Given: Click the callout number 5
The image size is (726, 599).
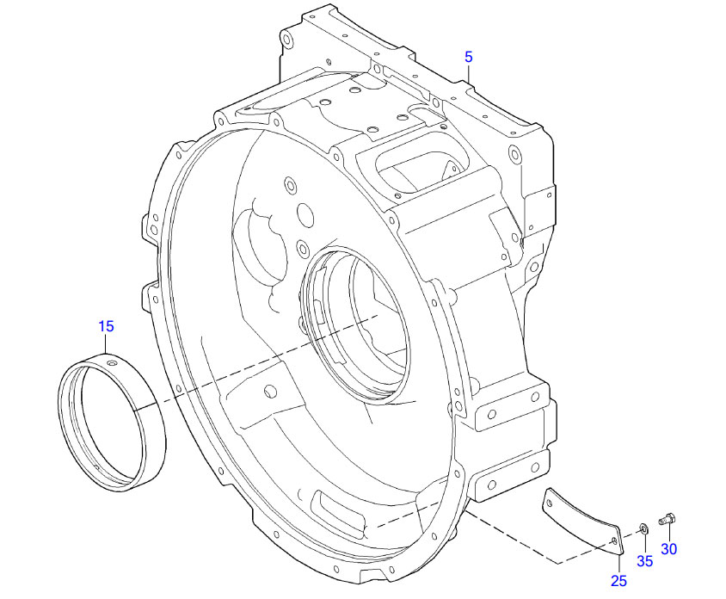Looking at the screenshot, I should click(x=469, y=57).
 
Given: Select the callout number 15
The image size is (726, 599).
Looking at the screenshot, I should click(x=106, y=326).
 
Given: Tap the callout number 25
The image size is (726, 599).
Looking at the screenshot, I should click(x=618, y=581).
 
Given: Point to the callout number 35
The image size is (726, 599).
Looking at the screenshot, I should click(x=644, y=561).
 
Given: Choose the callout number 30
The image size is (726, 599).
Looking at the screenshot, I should click(x=669, y=548).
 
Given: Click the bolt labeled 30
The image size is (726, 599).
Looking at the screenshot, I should click(x=668, y=519).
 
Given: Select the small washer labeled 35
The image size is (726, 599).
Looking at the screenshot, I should click(x=643, y=528).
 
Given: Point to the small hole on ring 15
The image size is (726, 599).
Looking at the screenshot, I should click(x=112, y=364).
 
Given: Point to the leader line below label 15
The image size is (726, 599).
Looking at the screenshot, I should click(x=106, y=345).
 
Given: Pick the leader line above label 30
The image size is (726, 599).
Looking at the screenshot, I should click(x=668, y=533).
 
